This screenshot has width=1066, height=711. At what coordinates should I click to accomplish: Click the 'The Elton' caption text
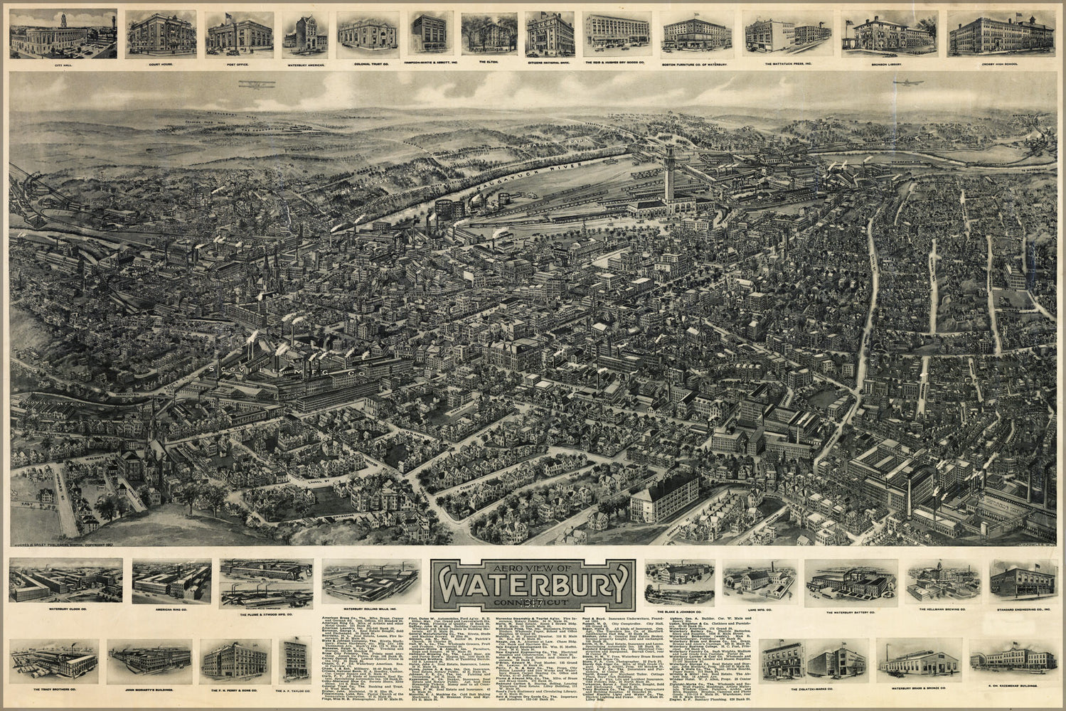pyautogui.click(x=490, y=63)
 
